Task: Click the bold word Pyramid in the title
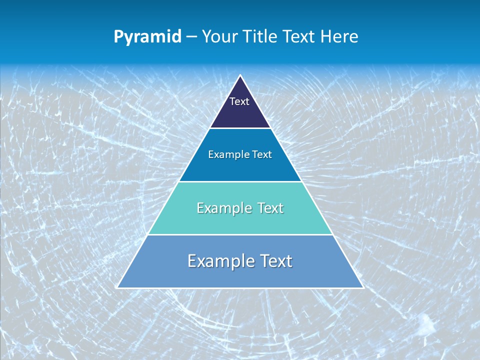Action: click(x=147, y=37)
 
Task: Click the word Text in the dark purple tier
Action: click(x=239, y=101)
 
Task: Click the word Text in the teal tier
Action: click(x=270, y=208)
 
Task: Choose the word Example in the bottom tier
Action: click(x=218, y=261)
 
